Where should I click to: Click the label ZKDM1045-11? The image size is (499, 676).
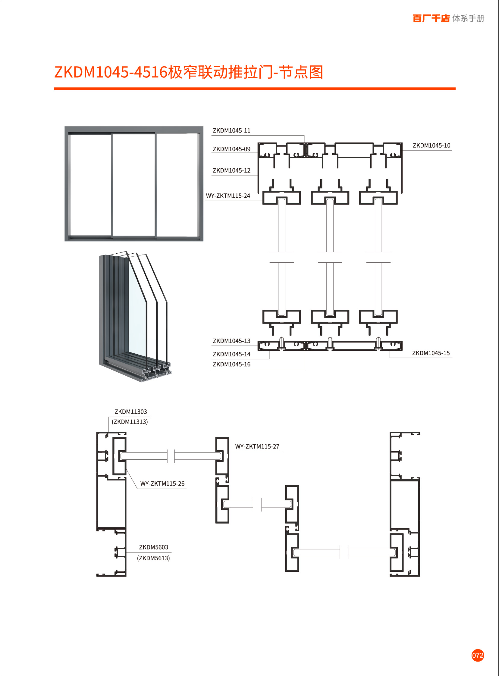(231, 131)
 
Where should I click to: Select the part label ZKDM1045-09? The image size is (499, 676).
(231, 149)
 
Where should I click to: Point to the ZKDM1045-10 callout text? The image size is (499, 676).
(431, 146)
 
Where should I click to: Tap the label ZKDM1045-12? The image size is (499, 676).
(231, 171)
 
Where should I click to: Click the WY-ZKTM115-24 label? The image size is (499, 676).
(228, 196)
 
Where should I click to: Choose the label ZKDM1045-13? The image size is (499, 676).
(231, 341)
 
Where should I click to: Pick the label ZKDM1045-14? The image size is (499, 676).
(231, 355)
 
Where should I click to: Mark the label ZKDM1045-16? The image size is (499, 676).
(231, 365)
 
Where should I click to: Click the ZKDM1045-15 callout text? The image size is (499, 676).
(431, 353)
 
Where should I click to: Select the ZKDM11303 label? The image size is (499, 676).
(130, 412)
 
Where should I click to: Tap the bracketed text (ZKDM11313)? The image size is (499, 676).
(130, 422)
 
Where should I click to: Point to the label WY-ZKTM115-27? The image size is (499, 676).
(257, 446)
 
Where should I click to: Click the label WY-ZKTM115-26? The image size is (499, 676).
(162, 484)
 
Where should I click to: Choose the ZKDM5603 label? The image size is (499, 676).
(153, 547)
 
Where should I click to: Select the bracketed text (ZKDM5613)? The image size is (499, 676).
(153, 558)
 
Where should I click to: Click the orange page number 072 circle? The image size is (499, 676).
(478, 655)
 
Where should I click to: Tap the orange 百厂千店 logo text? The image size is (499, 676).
(431, 18)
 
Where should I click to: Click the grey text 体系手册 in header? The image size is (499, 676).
(468, 18)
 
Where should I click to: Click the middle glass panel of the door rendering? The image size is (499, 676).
(134, 185)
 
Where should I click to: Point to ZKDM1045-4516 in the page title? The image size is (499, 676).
(111, 73)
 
